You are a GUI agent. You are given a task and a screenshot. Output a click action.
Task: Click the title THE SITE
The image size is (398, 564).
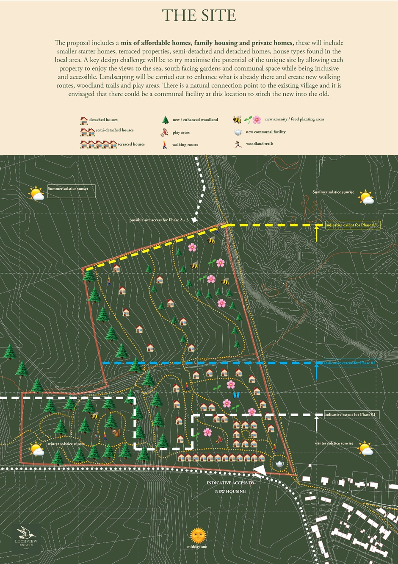[199, 16]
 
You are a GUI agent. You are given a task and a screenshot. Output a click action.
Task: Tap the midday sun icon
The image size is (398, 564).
[198, 535]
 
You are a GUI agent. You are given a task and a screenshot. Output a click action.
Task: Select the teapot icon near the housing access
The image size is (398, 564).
[279, 464]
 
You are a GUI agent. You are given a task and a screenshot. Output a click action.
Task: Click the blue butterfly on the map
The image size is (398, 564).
[236, 395]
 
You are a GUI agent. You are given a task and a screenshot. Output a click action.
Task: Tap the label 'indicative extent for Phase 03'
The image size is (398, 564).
[352, 225]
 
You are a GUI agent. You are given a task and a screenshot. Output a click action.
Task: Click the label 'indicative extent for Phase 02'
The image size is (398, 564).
[351, 363]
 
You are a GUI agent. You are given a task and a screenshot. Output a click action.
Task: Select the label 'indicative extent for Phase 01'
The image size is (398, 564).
[351, 414]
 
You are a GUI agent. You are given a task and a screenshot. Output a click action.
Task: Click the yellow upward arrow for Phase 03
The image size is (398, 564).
[316, 233]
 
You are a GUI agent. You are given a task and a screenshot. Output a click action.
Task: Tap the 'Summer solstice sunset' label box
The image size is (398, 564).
[71, 191]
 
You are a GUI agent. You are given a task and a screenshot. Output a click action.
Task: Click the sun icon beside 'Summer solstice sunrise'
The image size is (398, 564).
[366, 197]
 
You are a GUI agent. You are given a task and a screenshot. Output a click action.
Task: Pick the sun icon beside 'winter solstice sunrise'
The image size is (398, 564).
[365, 448]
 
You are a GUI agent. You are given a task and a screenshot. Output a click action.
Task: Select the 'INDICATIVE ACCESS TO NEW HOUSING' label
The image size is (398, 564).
[230, 487]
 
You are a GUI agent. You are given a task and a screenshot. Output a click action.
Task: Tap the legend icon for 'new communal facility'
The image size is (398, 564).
[238, 132]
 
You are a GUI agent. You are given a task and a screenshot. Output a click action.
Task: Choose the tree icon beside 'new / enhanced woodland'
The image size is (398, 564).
[165, 120]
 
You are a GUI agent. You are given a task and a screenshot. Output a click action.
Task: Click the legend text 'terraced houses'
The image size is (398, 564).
[131, 144]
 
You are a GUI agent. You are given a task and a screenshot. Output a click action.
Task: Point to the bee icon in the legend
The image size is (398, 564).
[237, 120]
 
